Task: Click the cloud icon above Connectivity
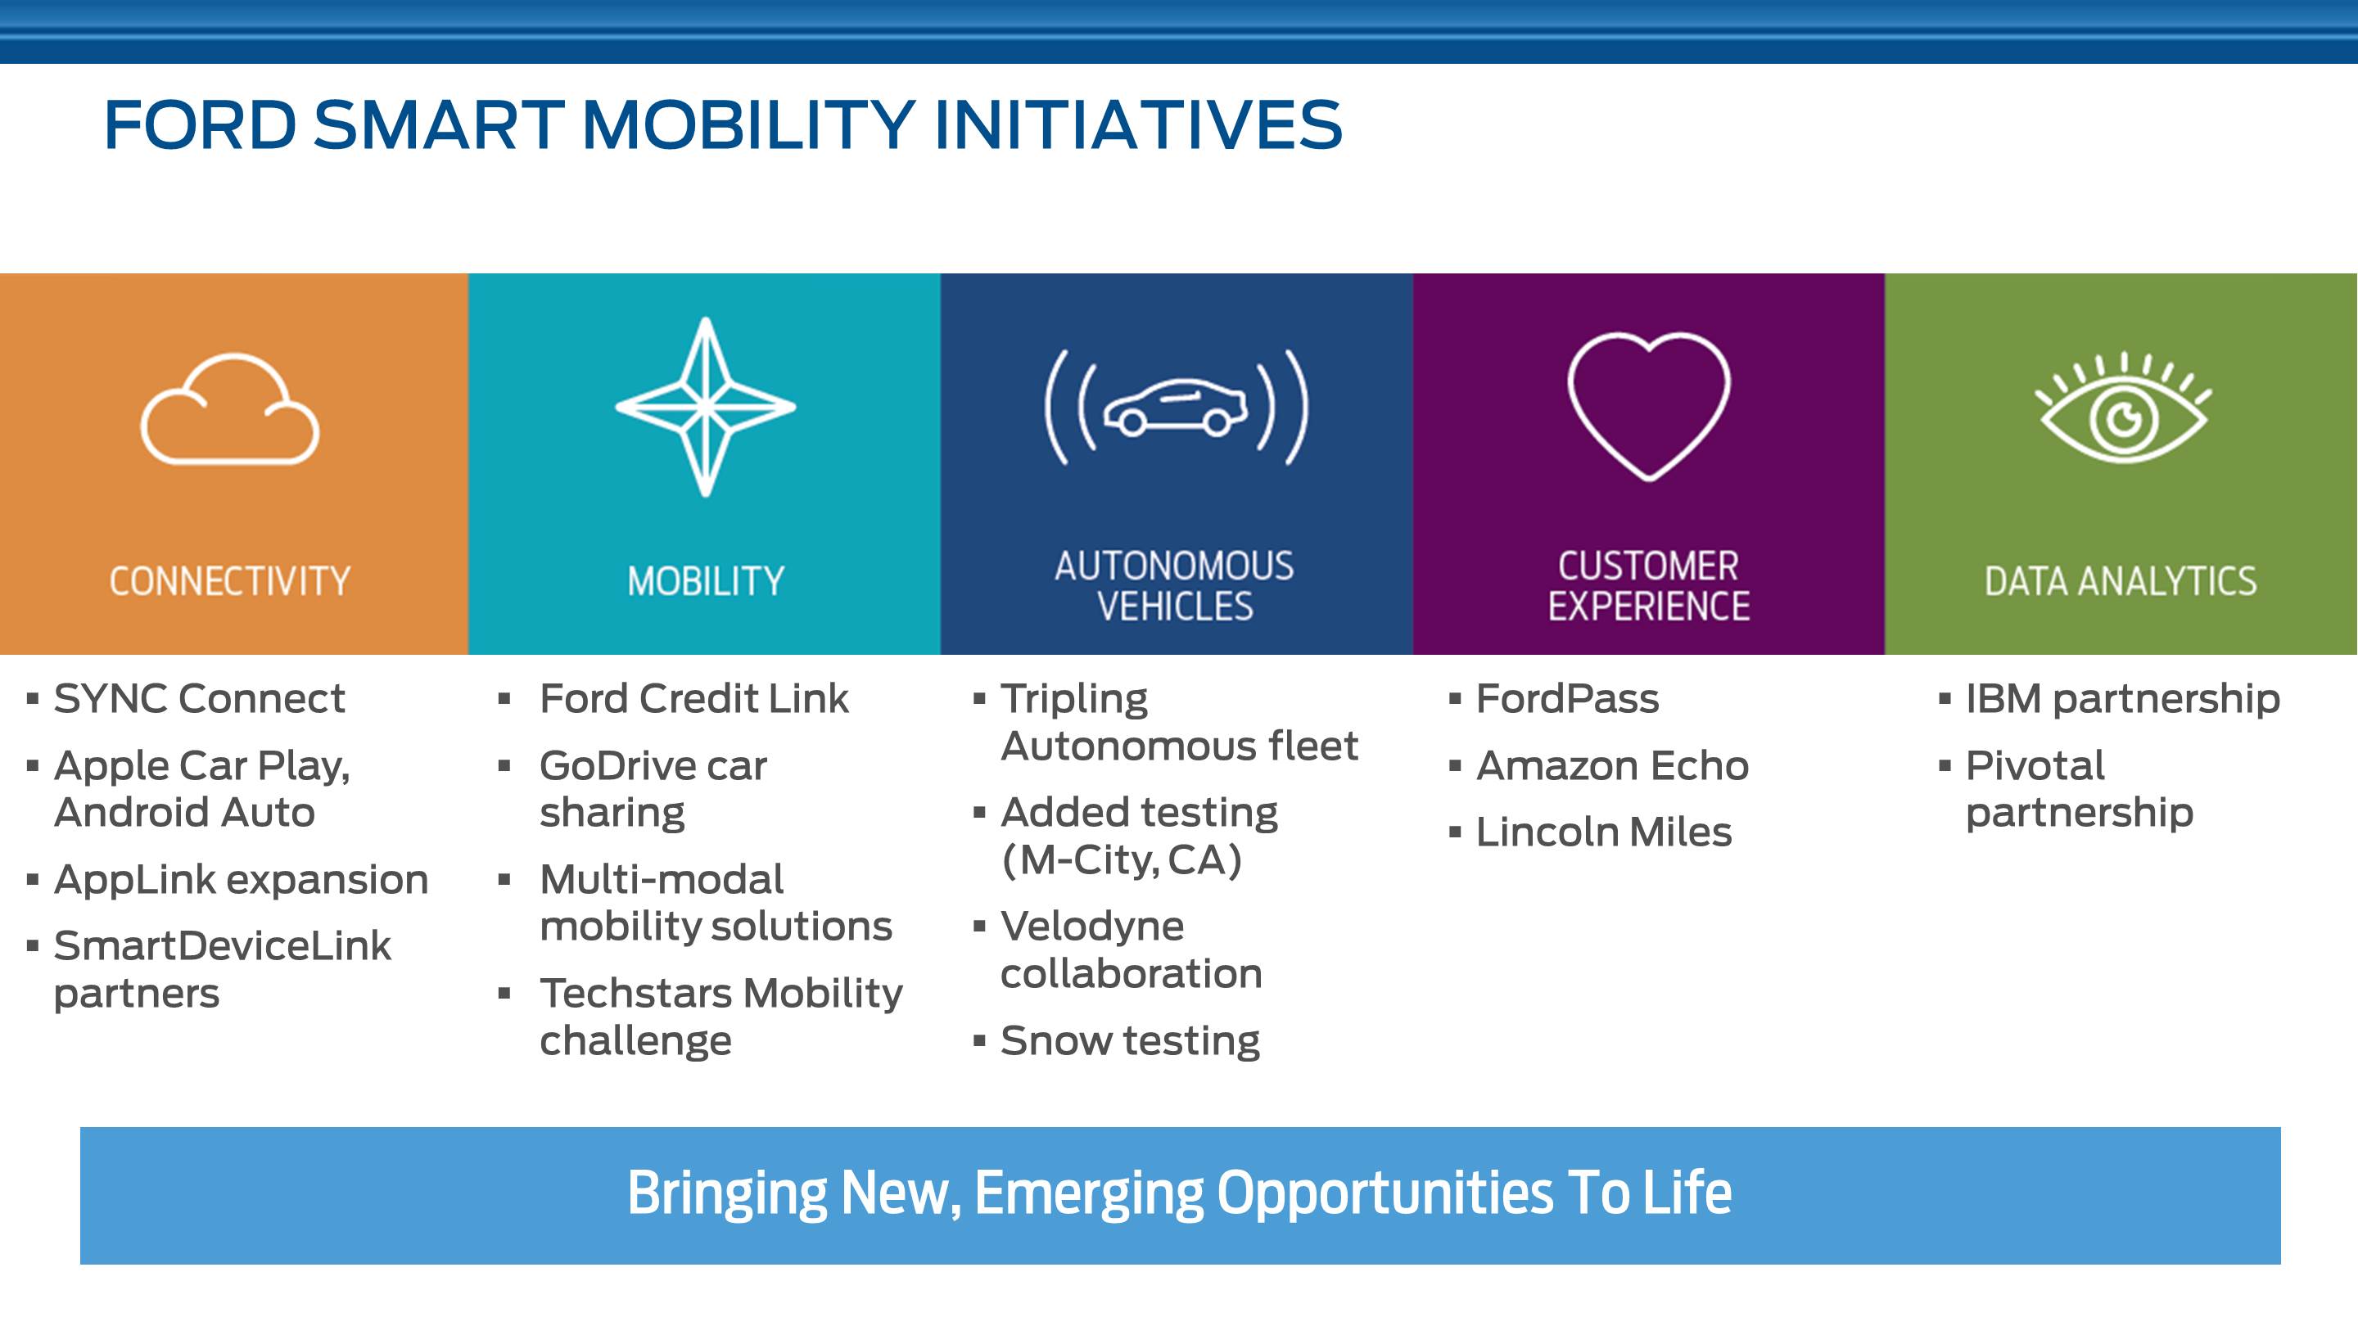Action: tap(230, 458)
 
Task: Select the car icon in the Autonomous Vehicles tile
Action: tap(1177, 408)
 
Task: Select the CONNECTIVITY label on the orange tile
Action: tap(230, 581)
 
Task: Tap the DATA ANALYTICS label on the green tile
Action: tap(2121, 581)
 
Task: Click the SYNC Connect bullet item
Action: tap(199, 698)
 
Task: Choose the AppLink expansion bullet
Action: tap(241, 879)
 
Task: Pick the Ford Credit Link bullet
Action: tap(693, 698)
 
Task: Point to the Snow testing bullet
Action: tap(1131, 1040)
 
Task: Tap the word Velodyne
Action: tap(1092, 926)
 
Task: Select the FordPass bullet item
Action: tap(1567, 698)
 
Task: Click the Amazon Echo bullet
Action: tap(1612, 765)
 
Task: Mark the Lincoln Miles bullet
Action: tap(1604, 832)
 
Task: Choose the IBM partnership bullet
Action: tap(2123, 698)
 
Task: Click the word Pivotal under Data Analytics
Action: tap(2035, 765)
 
